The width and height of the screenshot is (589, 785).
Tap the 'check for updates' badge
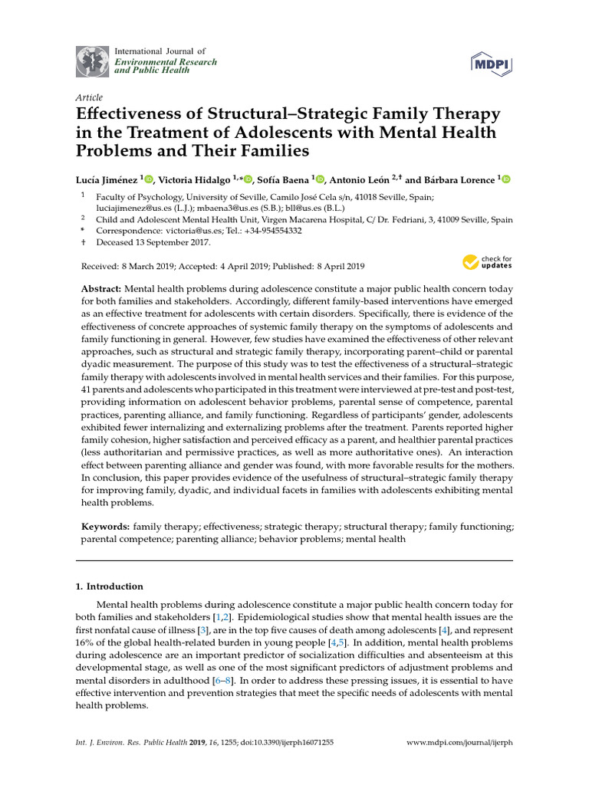click(x=487, y=263)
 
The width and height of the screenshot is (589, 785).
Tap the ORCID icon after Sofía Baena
click(x=320, y=179)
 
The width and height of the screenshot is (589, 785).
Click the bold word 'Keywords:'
click(x=106, y=527)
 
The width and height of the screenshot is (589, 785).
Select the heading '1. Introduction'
click(x=110, y=586)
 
